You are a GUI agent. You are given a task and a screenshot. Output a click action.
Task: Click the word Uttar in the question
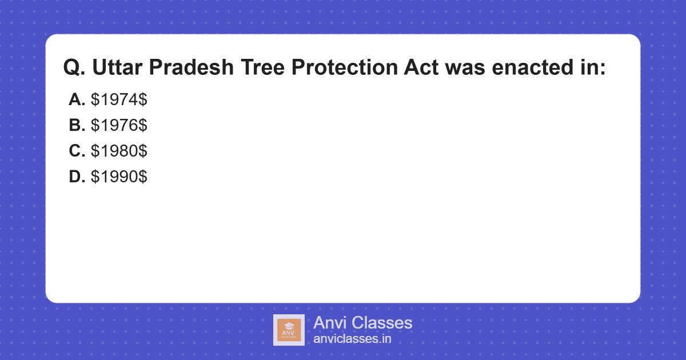[x=118, y=67]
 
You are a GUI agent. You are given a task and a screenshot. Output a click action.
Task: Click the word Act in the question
[x=421, y=67]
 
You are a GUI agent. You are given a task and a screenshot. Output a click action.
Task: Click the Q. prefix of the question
[x=74, y=67]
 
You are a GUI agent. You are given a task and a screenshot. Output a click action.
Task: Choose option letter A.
[x=77, y=99]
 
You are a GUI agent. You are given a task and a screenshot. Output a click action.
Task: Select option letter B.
[x=77, y=125]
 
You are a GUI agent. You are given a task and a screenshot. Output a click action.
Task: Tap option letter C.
[x=77, y=151]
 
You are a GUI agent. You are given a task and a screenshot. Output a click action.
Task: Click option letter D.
[x=77, y=177]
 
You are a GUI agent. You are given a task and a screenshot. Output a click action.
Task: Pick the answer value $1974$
[x=119, y=99]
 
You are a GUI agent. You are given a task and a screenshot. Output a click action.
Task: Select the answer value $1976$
[x=119, y=125]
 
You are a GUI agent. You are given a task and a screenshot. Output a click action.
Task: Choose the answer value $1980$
[x=119, y=151]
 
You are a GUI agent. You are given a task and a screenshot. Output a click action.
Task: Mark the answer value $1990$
[x=119, y=177]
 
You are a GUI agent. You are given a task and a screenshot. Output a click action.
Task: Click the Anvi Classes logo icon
[x=289, y=330]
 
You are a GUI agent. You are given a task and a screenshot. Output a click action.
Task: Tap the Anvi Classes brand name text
[x=362, y=323]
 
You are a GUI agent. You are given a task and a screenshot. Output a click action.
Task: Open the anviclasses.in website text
[x=352, y=339]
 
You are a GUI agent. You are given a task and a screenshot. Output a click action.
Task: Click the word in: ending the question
[x=589, y=67]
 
